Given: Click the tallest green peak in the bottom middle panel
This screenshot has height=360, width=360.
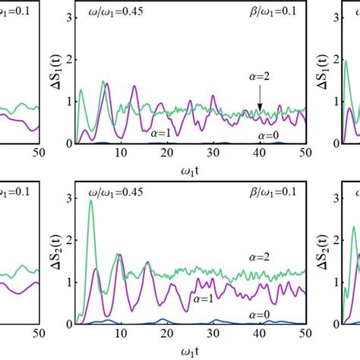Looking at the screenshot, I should coord(91,201).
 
